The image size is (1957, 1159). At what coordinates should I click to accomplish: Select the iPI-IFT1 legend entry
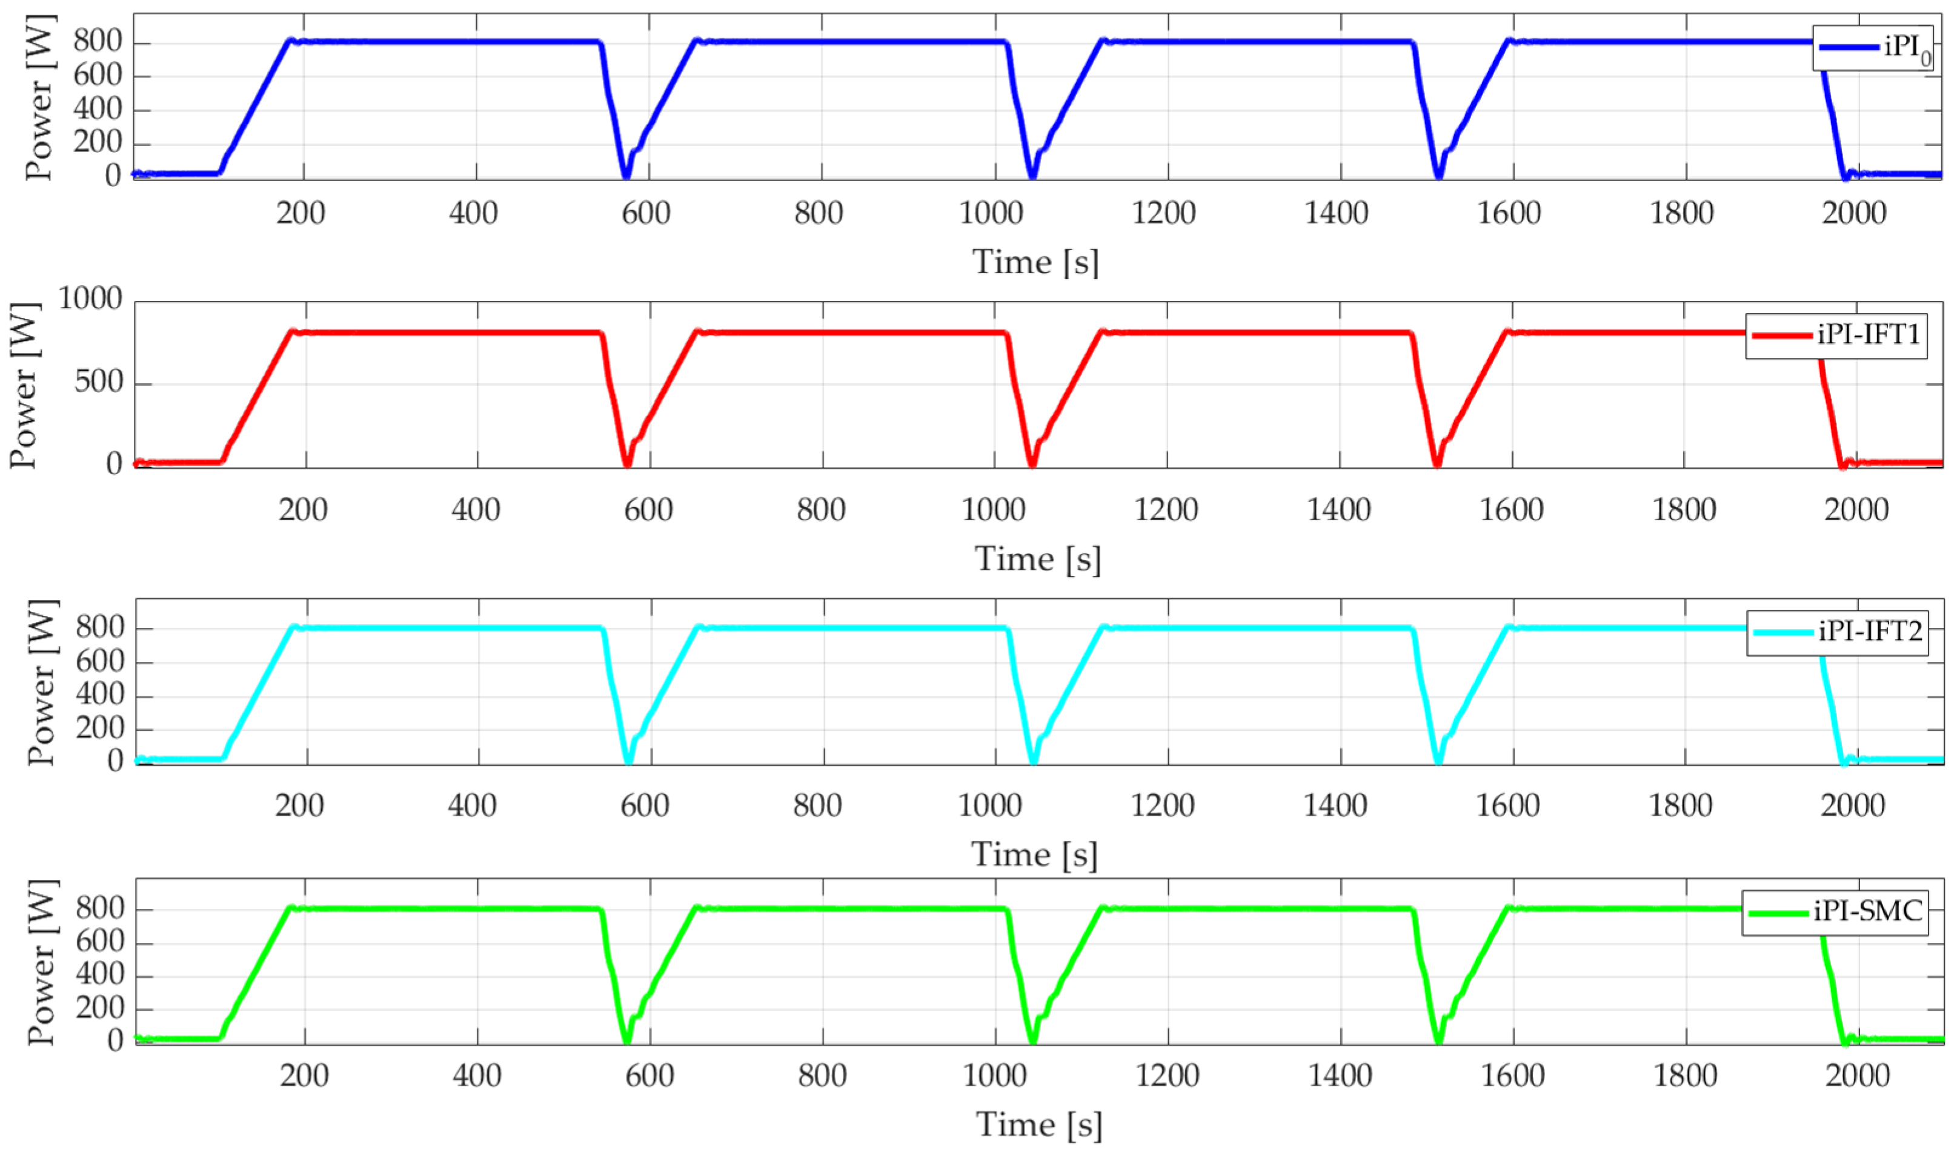point(1836,336)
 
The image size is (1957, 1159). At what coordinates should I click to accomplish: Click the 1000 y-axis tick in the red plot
point(90,299)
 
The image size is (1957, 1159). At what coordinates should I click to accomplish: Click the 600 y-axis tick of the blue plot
point(98,76)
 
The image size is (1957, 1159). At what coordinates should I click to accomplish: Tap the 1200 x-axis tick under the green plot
point(1166,1076)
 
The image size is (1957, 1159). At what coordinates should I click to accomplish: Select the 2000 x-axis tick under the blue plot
point(1853,213)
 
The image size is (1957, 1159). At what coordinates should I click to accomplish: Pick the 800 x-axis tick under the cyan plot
point(817,805)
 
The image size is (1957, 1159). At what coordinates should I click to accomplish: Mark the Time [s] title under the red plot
point(1037,559)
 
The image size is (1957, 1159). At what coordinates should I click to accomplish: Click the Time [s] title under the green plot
point(1038,1124)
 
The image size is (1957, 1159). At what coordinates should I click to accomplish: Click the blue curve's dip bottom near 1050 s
point(1032,176)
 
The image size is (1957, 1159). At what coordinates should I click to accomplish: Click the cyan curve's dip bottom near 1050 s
point(1034,760)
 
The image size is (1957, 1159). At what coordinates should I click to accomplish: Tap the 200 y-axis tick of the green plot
point(99,1008)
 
